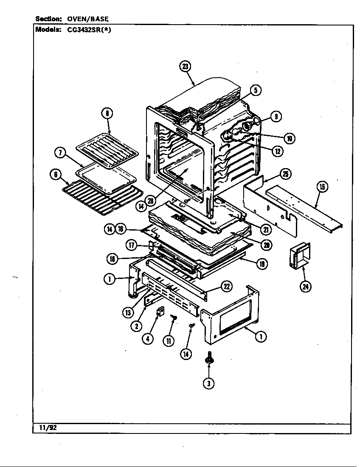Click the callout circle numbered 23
click(x=185, y=66)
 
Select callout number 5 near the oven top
click(x=255, y=90)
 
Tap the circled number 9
click(x=276, y=116)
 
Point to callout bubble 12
click(x=278, y=150)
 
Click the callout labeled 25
click(x=286, y=174)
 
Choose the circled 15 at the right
click(x=322, y=187)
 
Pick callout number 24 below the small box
click(x=305, y=287)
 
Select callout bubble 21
click(x=266, y=229)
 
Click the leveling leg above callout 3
click(x=208, y=358)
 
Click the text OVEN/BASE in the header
click(x=88, y=19)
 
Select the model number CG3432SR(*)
click(x=89, y=30)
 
